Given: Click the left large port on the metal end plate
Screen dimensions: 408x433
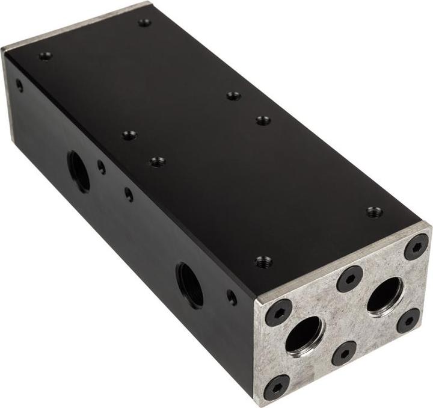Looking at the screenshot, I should [304, 335].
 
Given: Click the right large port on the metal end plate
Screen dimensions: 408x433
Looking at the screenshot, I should [385, 296].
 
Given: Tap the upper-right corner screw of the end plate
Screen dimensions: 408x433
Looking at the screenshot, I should [416, 247].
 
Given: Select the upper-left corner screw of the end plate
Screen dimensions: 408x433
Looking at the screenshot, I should [278, 312].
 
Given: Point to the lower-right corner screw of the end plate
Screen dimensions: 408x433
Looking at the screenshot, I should [408, 320].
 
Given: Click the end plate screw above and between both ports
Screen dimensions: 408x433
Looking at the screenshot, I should [349, 279].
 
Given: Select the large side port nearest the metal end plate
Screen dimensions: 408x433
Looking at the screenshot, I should [190, 285].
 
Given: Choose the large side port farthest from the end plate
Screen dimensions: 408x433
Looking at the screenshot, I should [79, 171].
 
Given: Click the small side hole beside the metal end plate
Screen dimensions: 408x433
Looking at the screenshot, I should [232, 297].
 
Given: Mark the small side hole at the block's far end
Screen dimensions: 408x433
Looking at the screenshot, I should [19, 85].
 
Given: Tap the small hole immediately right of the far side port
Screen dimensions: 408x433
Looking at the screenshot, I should [102, 168].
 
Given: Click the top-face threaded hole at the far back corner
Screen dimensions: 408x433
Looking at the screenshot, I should [144, 23].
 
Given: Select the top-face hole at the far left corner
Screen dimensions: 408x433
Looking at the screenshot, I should [46, 57].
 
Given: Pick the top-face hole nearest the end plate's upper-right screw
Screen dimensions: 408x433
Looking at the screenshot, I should [374, 211].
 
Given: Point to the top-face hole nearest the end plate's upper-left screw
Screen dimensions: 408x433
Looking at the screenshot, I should [263, 262].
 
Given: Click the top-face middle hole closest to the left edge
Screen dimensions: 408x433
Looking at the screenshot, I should [129, 135].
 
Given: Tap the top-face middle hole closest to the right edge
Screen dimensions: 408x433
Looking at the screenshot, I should [263, 120].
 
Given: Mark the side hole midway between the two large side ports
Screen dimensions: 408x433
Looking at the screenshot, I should [129, 194].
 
